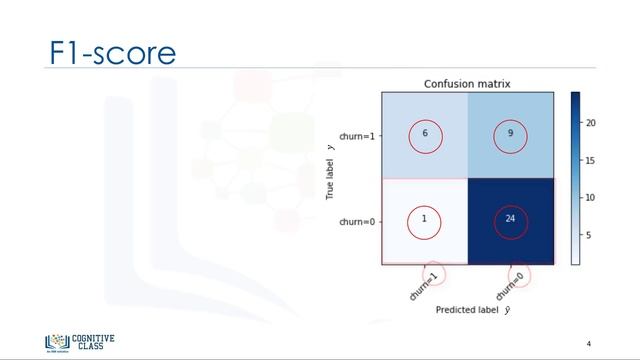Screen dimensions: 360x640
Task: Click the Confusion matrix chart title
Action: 466,83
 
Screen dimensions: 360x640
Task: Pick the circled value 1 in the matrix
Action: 424,220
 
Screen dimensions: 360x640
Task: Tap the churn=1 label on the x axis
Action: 424,284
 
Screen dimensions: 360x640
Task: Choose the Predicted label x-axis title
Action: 465,310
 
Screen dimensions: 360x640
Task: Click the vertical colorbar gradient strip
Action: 575,178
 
